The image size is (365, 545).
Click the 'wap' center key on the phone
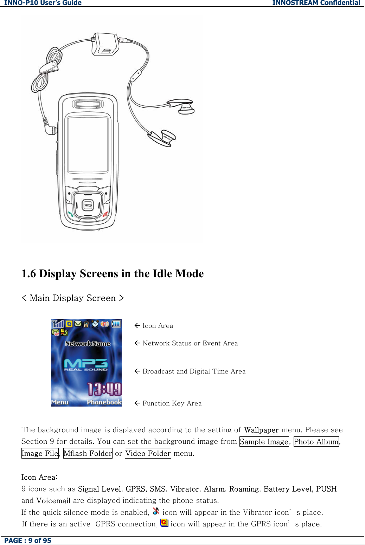pyautogui.click(x=88, y=205)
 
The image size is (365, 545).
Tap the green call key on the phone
pyautogui.click(x=71, y=214)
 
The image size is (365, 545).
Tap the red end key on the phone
pyautogui.click(x=105, y=214)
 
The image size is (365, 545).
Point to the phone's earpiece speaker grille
pyautogui.click(x=88, y=104)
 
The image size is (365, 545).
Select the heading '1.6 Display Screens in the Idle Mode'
pyautogui.click(x=113, y=274)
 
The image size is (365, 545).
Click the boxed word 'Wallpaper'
pyautogui.click(x=261, y=430)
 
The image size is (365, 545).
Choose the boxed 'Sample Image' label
pyautogui.click(x=264, y=442)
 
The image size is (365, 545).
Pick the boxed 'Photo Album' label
pyautogui.click(x=316, y=442)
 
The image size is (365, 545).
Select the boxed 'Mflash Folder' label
pyautogui.click(x=88, y=454)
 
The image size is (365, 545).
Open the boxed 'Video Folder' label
pyautogui.click(x=148, y=454)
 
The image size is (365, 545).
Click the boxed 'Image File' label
pyautogui.click(x=40, y=454)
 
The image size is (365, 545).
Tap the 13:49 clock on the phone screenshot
pyautogui.click(x=104, y=389)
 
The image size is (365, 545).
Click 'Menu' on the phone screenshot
pyautogui.click(x=60, y=402)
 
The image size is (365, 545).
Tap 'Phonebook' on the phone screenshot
pyautogui.click(x=104, y=402)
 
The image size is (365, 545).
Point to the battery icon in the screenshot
pyautogui.click(x=116, y=324)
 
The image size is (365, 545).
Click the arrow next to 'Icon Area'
pyautogui.click(x=137, y=326)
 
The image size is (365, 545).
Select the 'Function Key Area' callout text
pyautogui.click(x=172, y=403)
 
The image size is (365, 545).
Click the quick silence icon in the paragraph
pyautogui.click(x=156, y=511)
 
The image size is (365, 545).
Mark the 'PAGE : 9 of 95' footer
pyautogui.click(x=28, y=541)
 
